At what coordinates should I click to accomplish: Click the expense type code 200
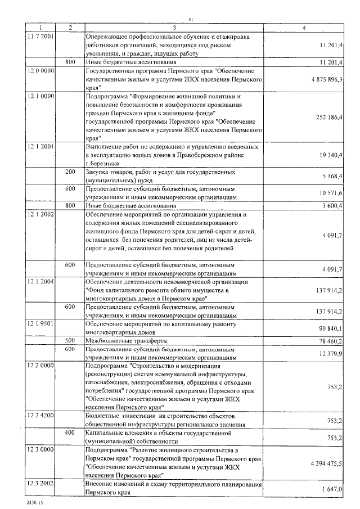pos(70,171)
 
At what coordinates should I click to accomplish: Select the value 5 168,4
pos(332,176)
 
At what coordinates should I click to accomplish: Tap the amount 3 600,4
pos(332,206)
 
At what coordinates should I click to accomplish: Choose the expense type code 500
pos(70,341)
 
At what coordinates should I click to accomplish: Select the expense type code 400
pos(70,433)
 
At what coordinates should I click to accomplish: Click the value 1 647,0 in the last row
pos(332,490)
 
